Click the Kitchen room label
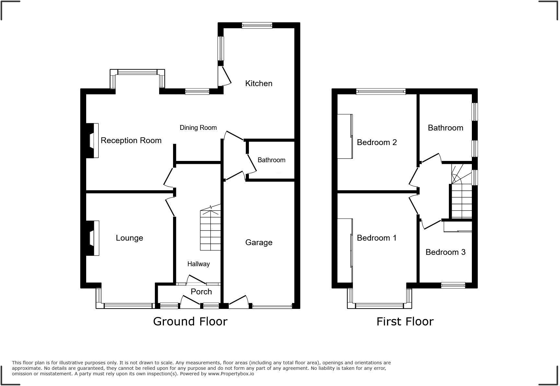(x=259, y=84)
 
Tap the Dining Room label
(x=198, y=128)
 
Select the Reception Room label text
(x=131, y=141)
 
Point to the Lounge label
(x=129, y=238)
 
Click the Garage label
(x=259, y=243)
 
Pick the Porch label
(x=201, y=292)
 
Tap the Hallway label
(x=198, y=264)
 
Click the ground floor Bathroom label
(x=271, y=160)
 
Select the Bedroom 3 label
(x=445, y=252)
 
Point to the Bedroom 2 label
(x=377, y=142)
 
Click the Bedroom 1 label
(x=377, y=238)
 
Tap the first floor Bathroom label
(x=445, y=128)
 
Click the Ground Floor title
(x=190, y=322)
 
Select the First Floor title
(x=405, y=322)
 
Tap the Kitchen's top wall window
(x=257, y=26)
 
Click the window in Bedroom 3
(x=453, y=285)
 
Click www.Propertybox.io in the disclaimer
(x=231, y=374)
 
